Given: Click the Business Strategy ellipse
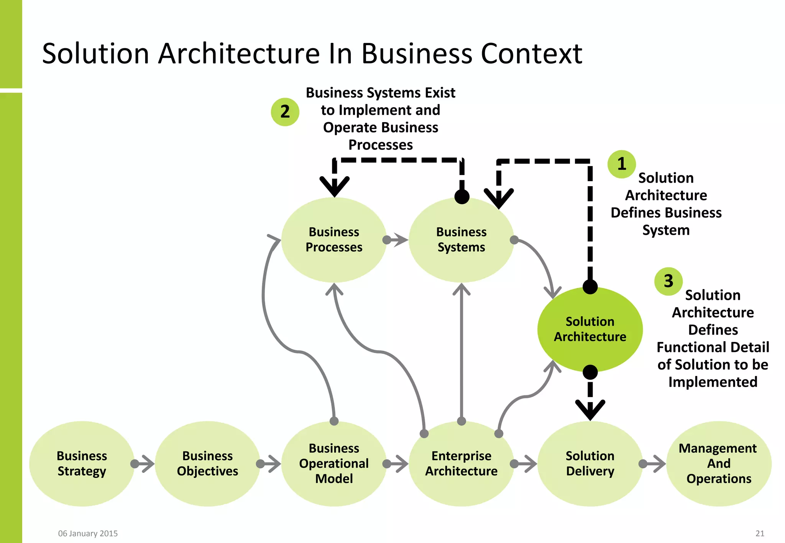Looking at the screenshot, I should click(82, 463).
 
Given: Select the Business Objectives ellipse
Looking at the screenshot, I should click(207, 463).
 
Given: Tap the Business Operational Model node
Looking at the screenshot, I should click(334, 463).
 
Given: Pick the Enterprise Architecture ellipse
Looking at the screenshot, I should click(461, 463).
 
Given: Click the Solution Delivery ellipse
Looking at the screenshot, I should click(590, 463).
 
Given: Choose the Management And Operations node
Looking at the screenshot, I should click(719, 463).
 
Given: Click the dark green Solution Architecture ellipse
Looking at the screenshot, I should click(590, 329).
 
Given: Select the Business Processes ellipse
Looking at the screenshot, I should click(334, 240).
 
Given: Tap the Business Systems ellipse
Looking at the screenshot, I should click(461, 240).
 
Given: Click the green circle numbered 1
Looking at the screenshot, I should click(622, 164).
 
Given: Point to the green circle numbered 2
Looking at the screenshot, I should click(285, 112).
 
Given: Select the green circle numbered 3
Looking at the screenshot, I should click(668, 281).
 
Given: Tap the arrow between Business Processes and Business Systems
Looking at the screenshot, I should click(397, 240).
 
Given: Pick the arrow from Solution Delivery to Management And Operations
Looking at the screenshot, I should click(654, 464).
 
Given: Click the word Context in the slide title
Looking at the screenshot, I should click(531, 54).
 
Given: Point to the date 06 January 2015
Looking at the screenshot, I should click(88, 533).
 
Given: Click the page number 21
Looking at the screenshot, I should click(760, 533).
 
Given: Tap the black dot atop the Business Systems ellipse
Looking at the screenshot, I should click(462, 197).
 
